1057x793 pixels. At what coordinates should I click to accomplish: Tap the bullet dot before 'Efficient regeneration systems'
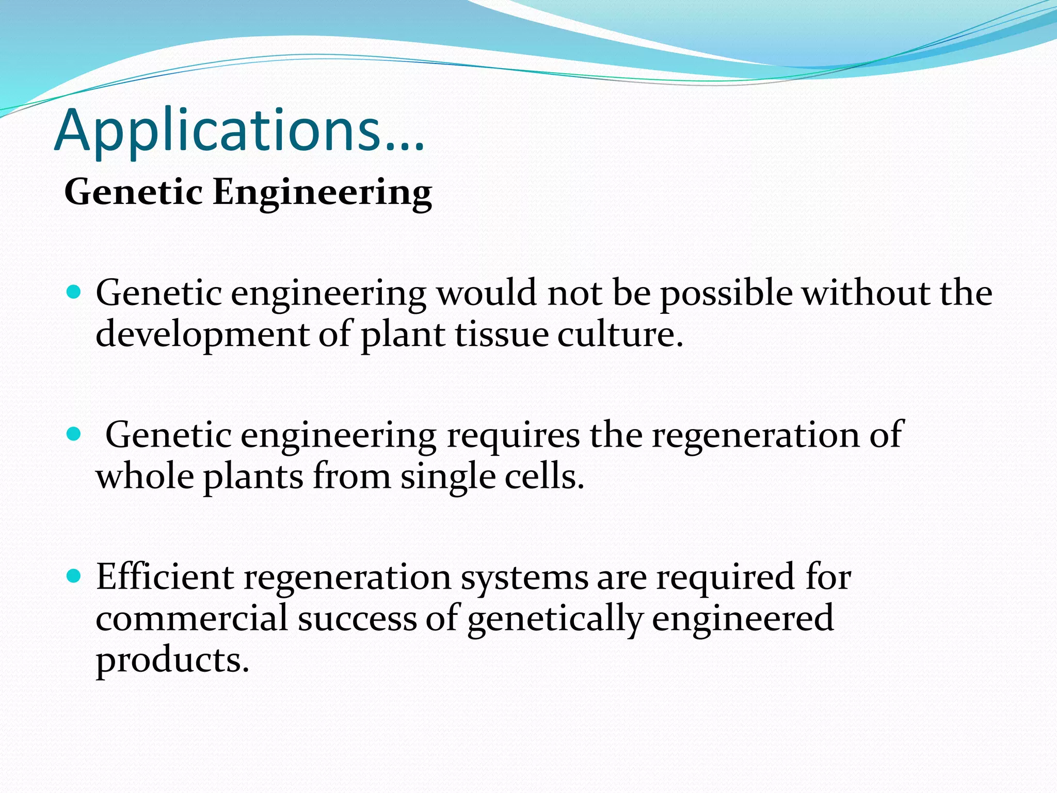[74, 576]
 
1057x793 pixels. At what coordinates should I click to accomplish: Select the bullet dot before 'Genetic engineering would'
[74, 293]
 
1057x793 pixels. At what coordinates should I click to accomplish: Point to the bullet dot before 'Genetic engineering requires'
[74, 434]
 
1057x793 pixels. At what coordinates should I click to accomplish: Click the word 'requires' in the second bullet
[513, 435]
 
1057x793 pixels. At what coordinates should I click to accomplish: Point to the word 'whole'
[145, 476]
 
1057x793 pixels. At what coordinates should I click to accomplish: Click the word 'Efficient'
[165, 577]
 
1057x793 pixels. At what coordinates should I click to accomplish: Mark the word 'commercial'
[191, 618]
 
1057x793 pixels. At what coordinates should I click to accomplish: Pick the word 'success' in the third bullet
[357, 619]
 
